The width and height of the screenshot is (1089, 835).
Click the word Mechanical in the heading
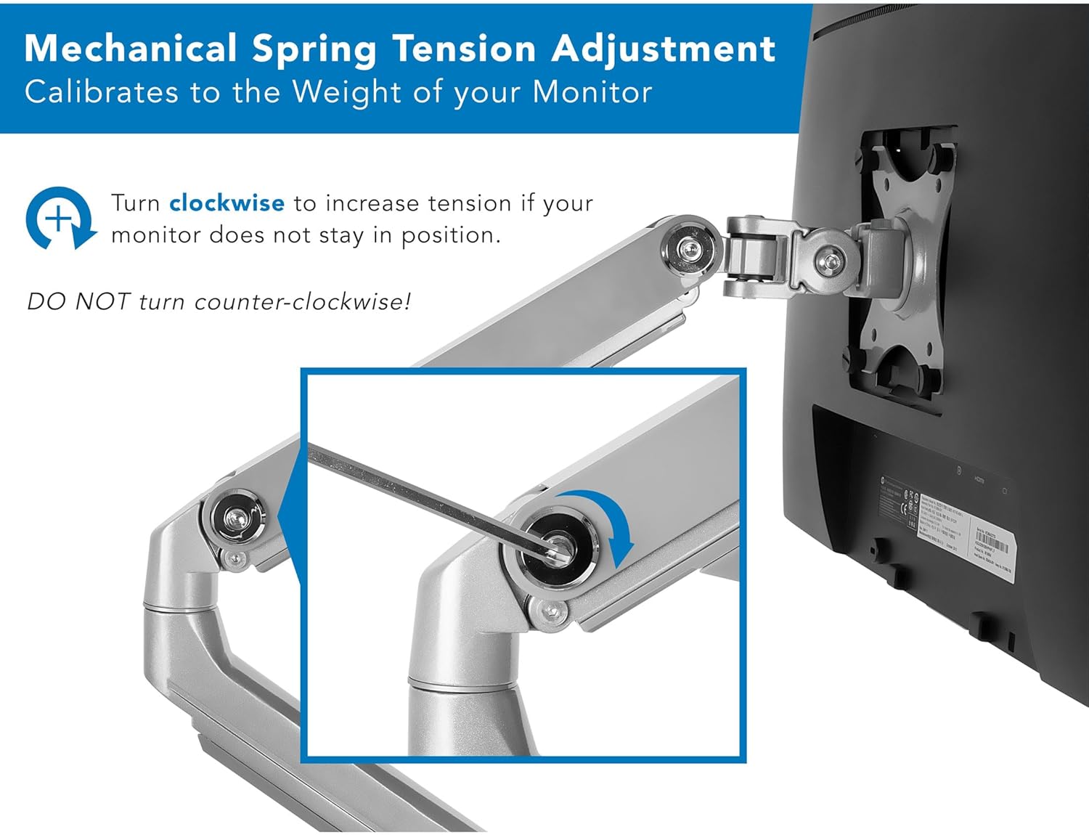[131, 49]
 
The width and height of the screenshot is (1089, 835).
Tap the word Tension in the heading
[465, 49]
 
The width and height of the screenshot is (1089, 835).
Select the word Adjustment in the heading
[664, 49]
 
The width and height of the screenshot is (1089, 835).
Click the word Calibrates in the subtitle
[102, 93]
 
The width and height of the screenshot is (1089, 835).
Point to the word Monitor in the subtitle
[592, 93]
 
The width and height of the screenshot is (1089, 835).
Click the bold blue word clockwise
[227, 203]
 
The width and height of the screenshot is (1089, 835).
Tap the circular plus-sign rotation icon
[60, 218]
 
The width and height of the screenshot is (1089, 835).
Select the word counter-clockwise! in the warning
[303, 301]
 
